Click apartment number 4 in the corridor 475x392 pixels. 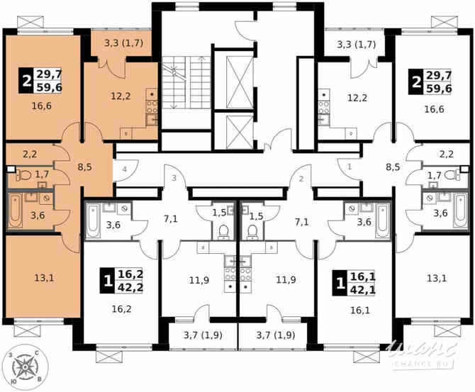coord(124,170)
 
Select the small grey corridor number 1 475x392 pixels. coord(350,167)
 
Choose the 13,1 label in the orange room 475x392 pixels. coord(44,278)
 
